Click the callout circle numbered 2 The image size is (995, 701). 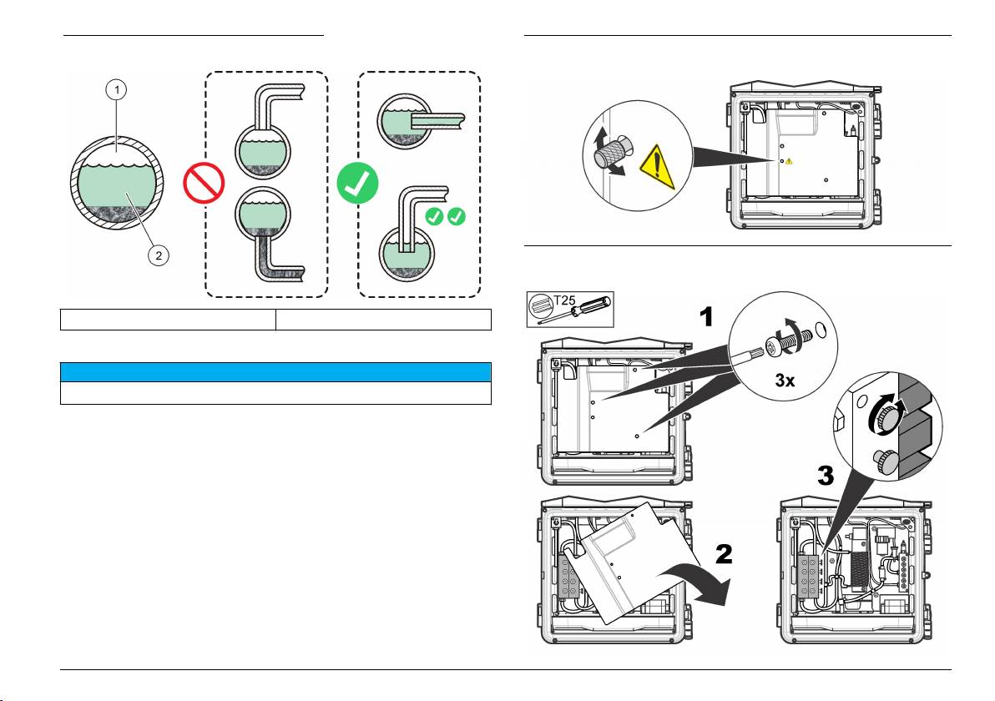pyautogui.click(x=156, y=256)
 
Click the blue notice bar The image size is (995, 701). pyautogui.click(x=275, y=372)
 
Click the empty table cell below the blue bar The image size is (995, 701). pyautogui.click(x=275, y=393)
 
